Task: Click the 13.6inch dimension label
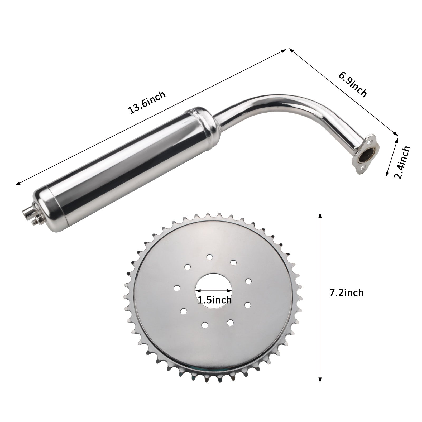coord(147,103)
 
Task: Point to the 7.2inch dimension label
coord(346,293)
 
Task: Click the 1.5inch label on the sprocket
coord(215,300)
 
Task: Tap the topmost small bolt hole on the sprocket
coord(210,256)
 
